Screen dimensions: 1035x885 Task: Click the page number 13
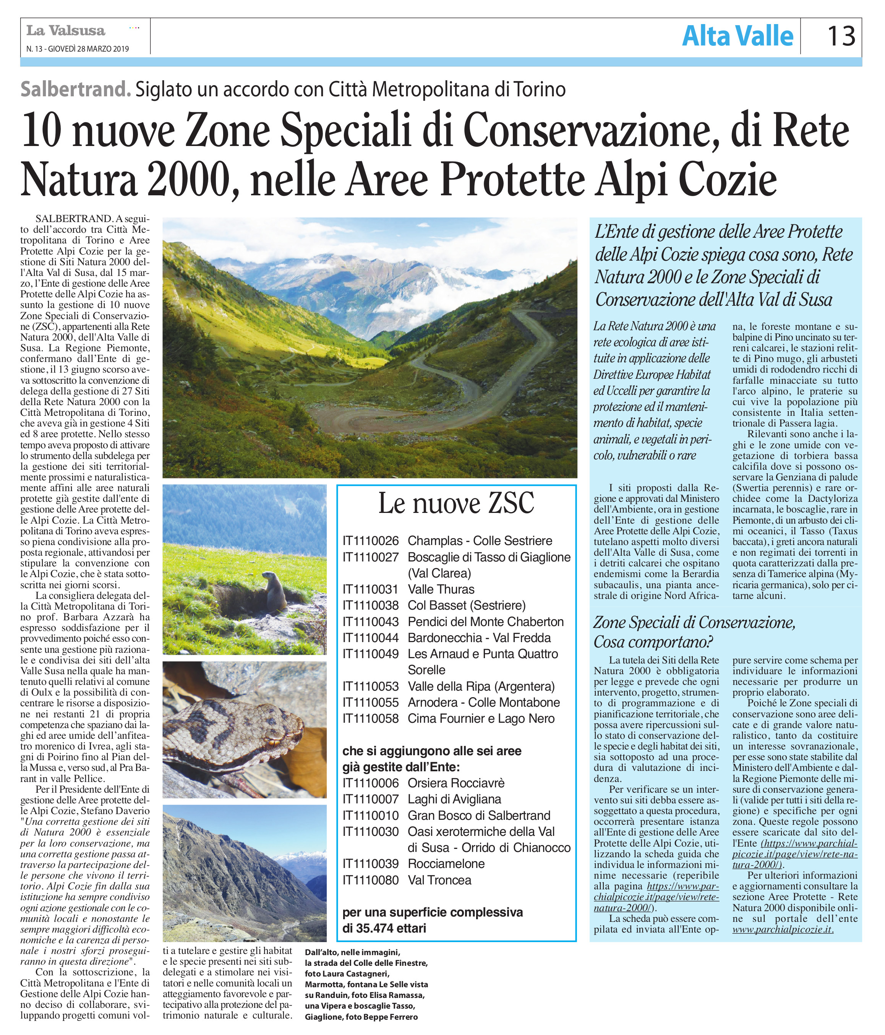click(x=841, y=36)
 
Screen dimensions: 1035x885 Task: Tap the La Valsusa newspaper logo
click(x=66, y=31)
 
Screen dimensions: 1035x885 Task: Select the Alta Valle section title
click(x=737, y=36)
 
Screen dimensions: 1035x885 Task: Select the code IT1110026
click(x=371, y=540)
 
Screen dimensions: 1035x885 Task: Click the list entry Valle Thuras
click(x=441, y=589)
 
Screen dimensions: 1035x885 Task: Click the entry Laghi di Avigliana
click(x=454, y=799)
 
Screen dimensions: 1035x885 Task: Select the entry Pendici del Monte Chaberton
click(x=485, y=621)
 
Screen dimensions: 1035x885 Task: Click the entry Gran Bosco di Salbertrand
click(x=479, y=815)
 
